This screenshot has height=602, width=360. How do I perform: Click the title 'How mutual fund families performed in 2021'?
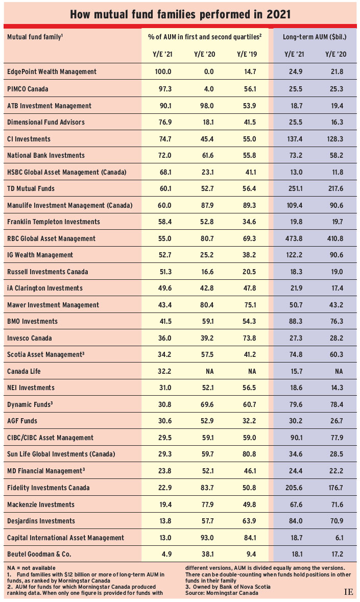coord(180,14)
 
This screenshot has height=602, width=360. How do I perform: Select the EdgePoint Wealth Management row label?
coord(52,71)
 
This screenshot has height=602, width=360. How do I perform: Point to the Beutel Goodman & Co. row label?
coord(39,554)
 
